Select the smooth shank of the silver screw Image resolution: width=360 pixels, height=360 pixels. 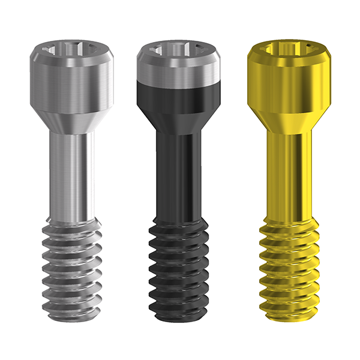71,174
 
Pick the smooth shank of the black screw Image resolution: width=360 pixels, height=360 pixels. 179,174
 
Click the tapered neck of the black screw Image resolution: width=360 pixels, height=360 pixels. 179,123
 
